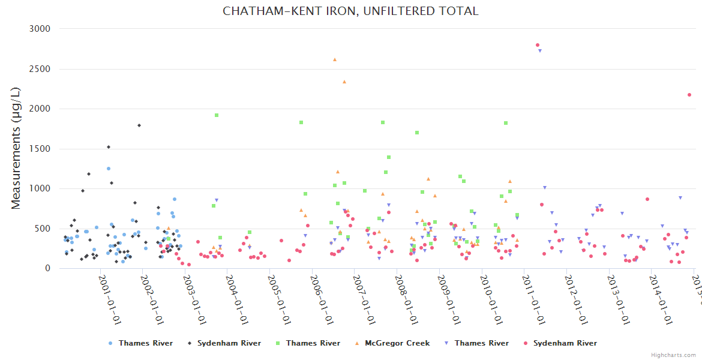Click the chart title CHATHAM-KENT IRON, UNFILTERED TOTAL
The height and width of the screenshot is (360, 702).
[x=350, y=11]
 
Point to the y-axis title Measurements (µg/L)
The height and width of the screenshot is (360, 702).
[x=16, y=149]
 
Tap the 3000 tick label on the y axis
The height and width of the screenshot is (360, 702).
[x=40, y=29]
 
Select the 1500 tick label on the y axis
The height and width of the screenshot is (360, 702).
[x=40, y=149]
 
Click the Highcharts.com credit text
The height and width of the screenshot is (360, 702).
[x=674, y=355]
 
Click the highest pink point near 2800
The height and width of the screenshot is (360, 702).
[x=538, y=45]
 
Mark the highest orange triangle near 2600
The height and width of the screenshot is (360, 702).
[x=335, y=59]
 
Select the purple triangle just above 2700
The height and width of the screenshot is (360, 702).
[x=540, y=50]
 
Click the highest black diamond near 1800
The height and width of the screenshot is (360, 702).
[x=139, y=125]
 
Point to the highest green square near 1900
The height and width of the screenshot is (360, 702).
[x=217, y=115]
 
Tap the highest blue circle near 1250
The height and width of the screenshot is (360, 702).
[x=109, y=169]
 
